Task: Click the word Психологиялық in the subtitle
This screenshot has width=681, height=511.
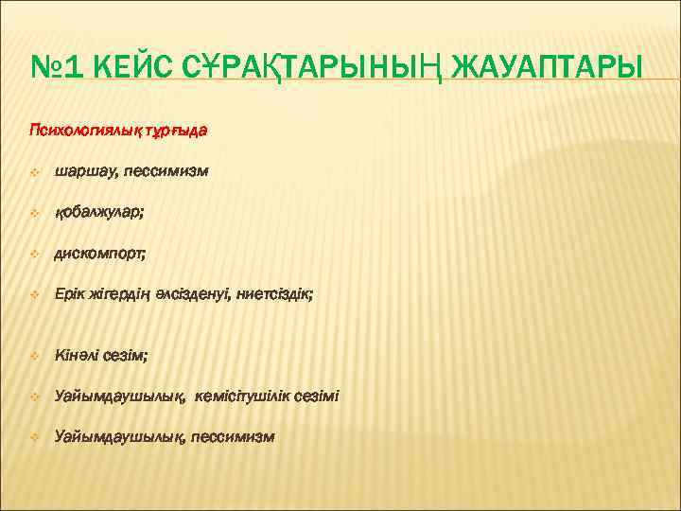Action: (83, 130)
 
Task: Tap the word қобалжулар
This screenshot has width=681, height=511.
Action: (99, 213)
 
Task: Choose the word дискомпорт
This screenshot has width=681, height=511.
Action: (100, 254)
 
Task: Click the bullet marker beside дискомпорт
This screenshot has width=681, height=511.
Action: (33, 255)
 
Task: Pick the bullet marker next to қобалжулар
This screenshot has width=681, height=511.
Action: (33, 214)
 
